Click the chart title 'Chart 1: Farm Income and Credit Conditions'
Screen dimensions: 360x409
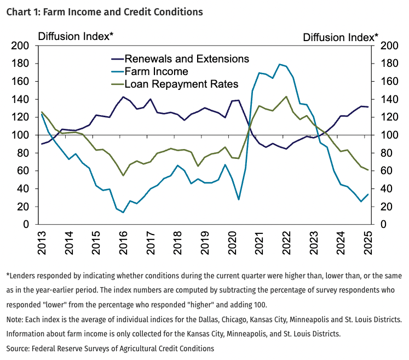point(104,12)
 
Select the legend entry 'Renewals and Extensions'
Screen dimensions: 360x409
point(186,59)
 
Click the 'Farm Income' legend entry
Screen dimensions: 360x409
point(156,71)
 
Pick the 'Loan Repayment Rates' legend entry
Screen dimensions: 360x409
point(181,84)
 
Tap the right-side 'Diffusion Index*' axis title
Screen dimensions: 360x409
point(340,37)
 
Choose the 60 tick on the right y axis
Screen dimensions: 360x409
point(382,171)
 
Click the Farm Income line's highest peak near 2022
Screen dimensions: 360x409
point(280,64)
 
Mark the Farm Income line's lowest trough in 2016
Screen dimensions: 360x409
point(123,213)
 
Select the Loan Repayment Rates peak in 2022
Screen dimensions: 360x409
point(286,96)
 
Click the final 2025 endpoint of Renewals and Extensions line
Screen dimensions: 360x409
point(367,107)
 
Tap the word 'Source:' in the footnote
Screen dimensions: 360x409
point(20,348)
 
